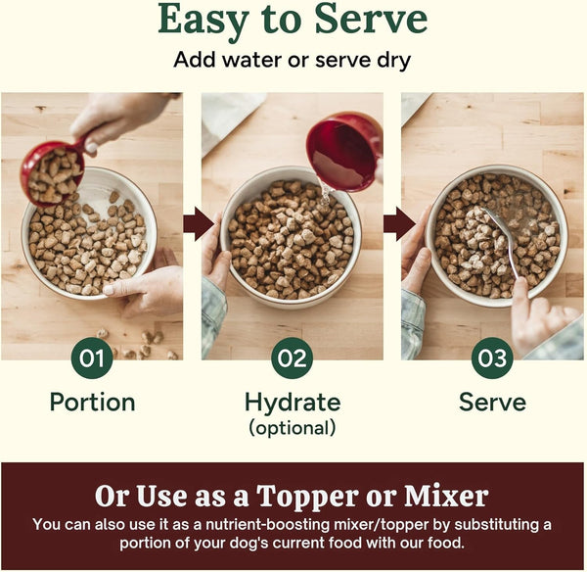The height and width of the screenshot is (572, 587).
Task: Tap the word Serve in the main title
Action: point(371,19)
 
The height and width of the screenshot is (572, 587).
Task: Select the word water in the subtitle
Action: point(252,60)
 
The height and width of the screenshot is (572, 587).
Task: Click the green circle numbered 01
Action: point(92,357)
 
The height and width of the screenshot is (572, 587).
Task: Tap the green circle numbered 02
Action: point(292,357)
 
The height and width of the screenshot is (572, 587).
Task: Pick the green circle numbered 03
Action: point(492,357)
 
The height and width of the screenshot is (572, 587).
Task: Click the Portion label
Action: point(93,403)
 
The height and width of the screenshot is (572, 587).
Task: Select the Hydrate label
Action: point(293,403)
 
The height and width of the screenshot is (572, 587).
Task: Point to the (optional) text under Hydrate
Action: point(293,428)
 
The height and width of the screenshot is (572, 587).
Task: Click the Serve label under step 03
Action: point(492,403)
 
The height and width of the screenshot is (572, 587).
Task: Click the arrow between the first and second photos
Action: point(199,223)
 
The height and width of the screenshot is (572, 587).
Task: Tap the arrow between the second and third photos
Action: point(399,223)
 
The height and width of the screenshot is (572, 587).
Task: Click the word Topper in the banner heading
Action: point(308,497)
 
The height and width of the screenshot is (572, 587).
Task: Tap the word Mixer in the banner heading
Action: point(446,496)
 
